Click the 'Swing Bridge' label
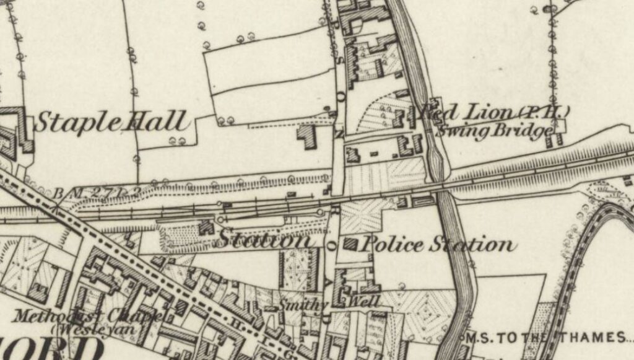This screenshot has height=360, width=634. coord(493,131)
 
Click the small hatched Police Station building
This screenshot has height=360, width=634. coord(350,244)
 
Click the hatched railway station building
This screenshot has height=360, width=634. coord(205,227)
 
